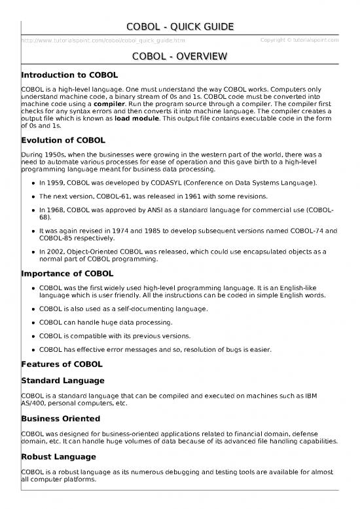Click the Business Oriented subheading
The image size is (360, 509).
61,417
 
